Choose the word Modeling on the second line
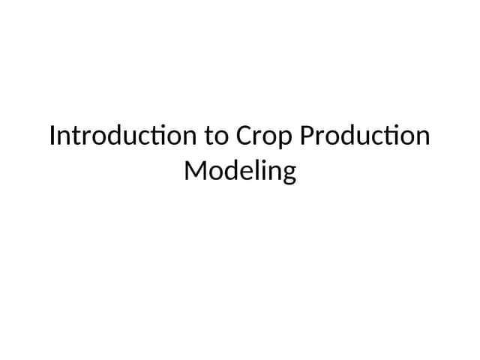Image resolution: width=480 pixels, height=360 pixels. [x=240, y=172]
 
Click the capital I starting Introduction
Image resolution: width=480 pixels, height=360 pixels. [x=52, y=137]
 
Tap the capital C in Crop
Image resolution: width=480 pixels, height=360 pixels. [x=244, y=137]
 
